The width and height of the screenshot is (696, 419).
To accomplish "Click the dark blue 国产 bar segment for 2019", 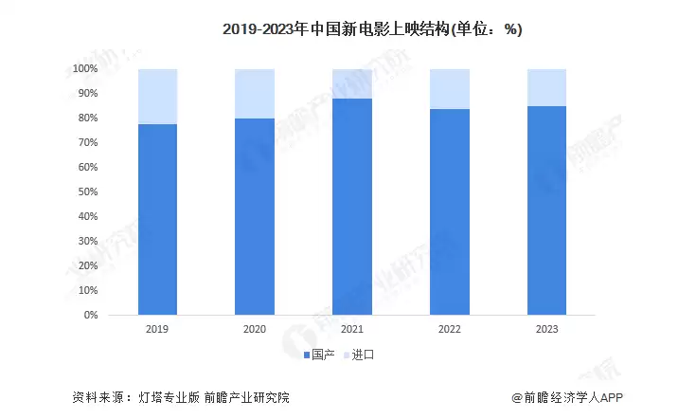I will [x=157, y=219].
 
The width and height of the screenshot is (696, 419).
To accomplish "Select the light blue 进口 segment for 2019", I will [x=157, y=97].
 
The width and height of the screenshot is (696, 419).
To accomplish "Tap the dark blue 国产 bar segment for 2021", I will [x=351, y=206].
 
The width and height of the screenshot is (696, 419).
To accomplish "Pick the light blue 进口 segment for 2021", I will [x=351, y=83].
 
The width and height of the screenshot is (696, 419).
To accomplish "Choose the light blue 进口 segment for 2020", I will [x=255, y=94].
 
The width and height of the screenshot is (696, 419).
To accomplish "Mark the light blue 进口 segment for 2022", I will [x=449, y=89].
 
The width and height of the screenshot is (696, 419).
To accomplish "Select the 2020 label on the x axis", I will [x=255, y=330].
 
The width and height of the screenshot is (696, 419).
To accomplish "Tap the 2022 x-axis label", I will [x=449, y=330].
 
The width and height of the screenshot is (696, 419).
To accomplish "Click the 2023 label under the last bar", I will [x=546, y=330].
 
